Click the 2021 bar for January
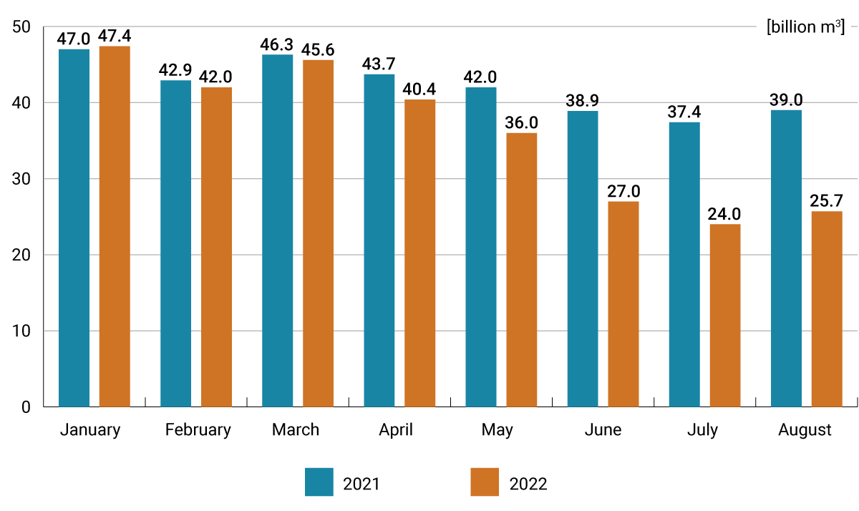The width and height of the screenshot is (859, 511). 74,228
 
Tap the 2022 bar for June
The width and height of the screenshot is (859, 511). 623,303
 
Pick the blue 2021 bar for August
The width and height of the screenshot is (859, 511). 786,258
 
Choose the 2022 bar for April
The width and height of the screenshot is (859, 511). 419,253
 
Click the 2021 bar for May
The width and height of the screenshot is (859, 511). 481,247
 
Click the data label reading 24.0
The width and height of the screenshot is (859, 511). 725,214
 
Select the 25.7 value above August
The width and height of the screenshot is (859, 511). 827,201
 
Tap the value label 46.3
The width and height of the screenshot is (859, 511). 278,44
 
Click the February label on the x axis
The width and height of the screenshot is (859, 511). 198,430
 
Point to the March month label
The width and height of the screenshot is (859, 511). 296,430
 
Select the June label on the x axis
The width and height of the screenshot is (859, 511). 603,430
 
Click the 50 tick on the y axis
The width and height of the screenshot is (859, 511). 21,27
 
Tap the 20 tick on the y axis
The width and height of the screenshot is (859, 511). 21,255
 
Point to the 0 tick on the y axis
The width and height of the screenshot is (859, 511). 26,407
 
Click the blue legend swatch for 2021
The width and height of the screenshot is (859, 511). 319,482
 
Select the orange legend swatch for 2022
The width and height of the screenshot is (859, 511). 485,482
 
